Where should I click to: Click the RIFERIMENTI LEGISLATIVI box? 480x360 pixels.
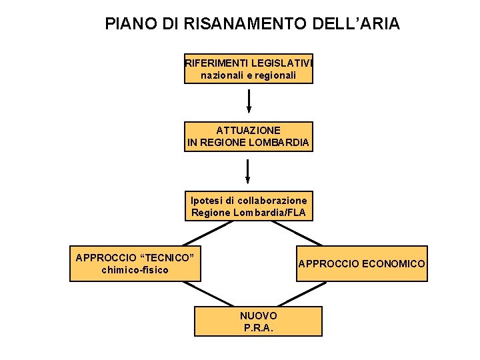(249, 69)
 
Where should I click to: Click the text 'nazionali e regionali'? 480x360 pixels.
(248, 75)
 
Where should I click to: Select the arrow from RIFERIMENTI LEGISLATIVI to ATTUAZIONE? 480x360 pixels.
(249, 101)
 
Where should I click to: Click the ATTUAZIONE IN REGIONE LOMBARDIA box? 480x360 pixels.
(249, 137)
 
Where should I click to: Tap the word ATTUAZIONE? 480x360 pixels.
(249, 130)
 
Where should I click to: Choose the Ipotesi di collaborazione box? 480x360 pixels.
(249, 207)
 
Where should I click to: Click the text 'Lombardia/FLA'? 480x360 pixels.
(276, 213)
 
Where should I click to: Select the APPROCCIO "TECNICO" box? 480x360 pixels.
(136, 263)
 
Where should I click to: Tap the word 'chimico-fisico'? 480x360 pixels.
(135, 270)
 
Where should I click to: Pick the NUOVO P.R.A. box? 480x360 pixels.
(258, 321)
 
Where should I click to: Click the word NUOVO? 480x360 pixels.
(258, 315)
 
